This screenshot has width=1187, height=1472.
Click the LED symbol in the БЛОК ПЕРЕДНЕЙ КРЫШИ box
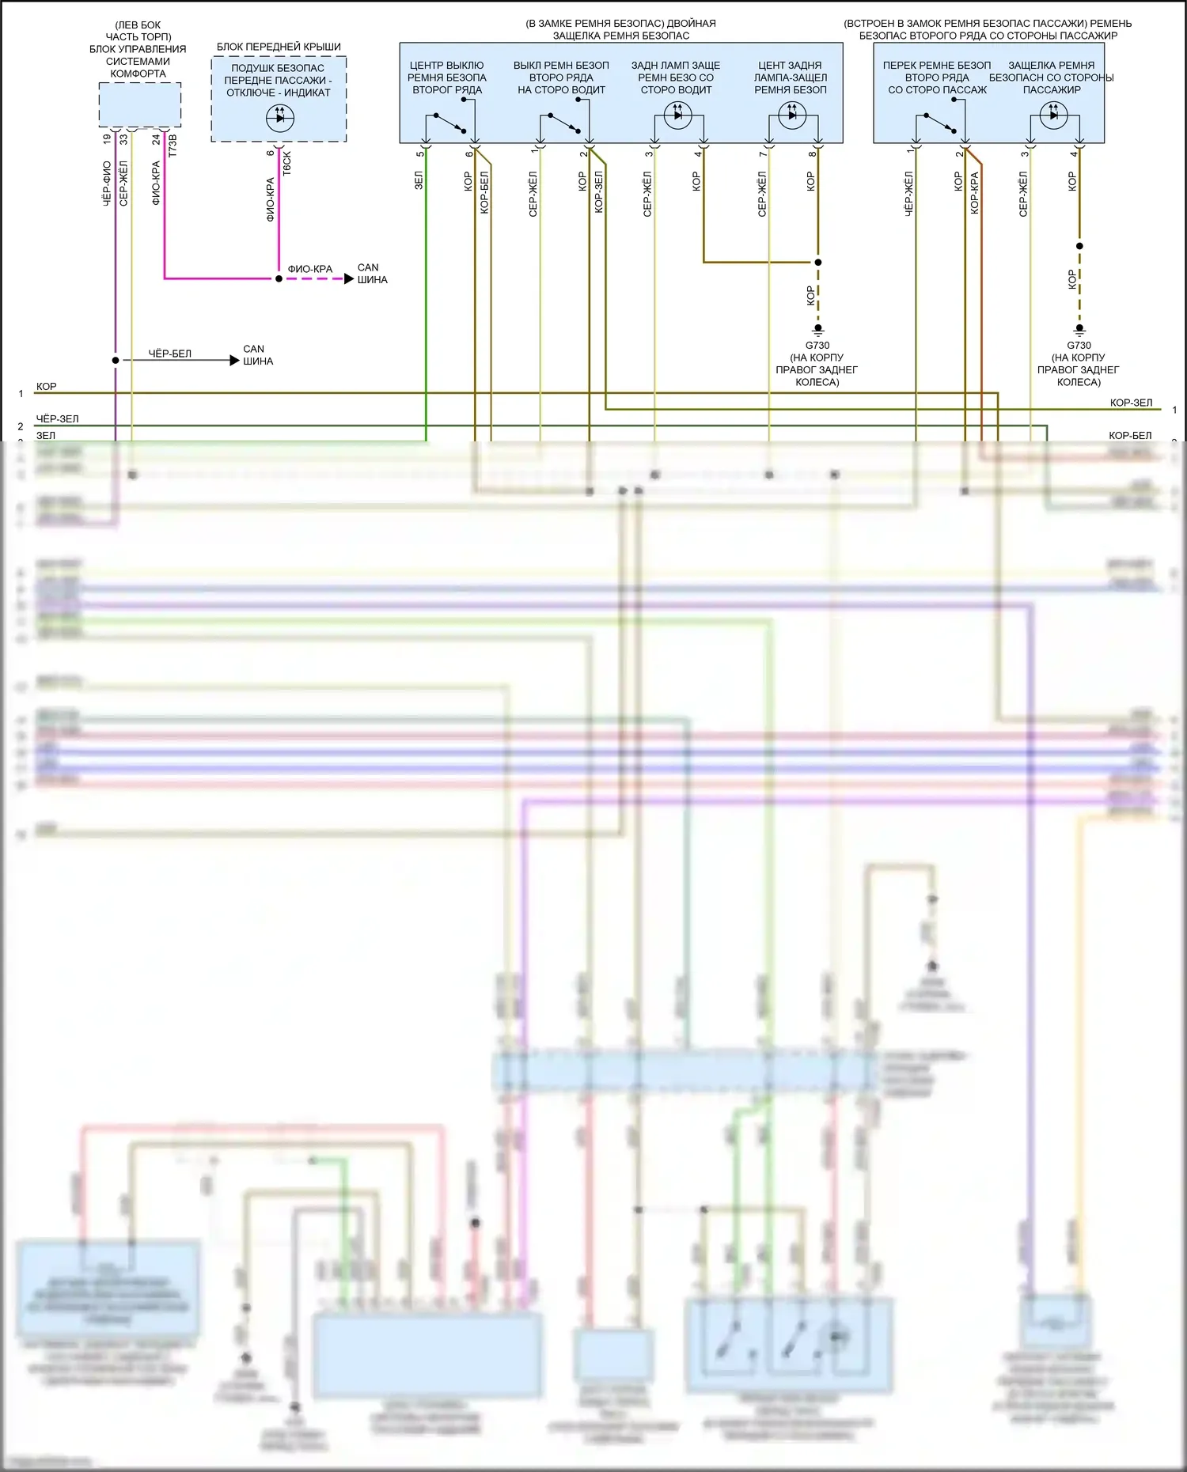(279, 119)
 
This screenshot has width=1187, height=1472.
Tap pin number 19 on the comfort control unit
(107, 139)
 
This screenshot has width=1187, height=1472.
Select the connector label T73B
(173, 146)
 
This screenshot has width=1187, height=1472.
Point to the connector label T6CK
(287, 163)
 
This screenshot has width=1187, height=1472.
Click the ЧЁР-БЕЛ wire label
(170, 354)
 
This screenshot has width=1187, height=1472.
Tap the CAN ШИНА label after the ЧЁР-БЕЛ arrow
(257, 355)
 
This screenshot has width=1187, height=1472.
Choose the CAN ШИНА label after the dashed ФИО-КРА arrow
(372, 274)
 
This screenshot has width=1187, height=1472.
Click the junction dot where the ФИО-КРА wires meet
(279, 278)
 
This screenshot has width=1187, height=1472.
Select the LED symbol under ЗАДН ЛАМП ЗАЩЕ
(677, 115)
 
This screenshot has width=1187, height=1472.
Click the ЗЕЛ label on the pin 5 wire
(419, 180)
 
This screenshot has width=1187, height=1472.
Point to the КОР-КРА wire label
(975, 193)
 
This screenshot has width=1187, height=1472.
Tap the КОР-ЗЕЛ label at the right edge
(1131, 403)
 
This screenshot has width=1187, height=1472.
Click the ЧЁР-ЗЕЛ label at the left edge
(58, 419)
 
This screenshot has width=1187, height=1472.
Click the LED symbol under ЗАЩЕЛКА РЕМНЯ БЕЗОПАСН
(1053, 115)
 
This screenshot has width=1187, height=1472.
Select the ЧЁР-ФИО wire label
(107, 184)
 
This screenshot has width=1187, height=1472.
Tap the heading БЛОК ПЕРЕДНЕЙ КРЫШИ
(279, 47)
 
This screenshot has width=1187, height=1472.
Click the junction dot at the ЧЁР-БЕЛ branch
(116, 361)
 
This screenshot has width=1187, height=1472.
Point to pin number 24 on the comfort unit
(157, 139)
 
